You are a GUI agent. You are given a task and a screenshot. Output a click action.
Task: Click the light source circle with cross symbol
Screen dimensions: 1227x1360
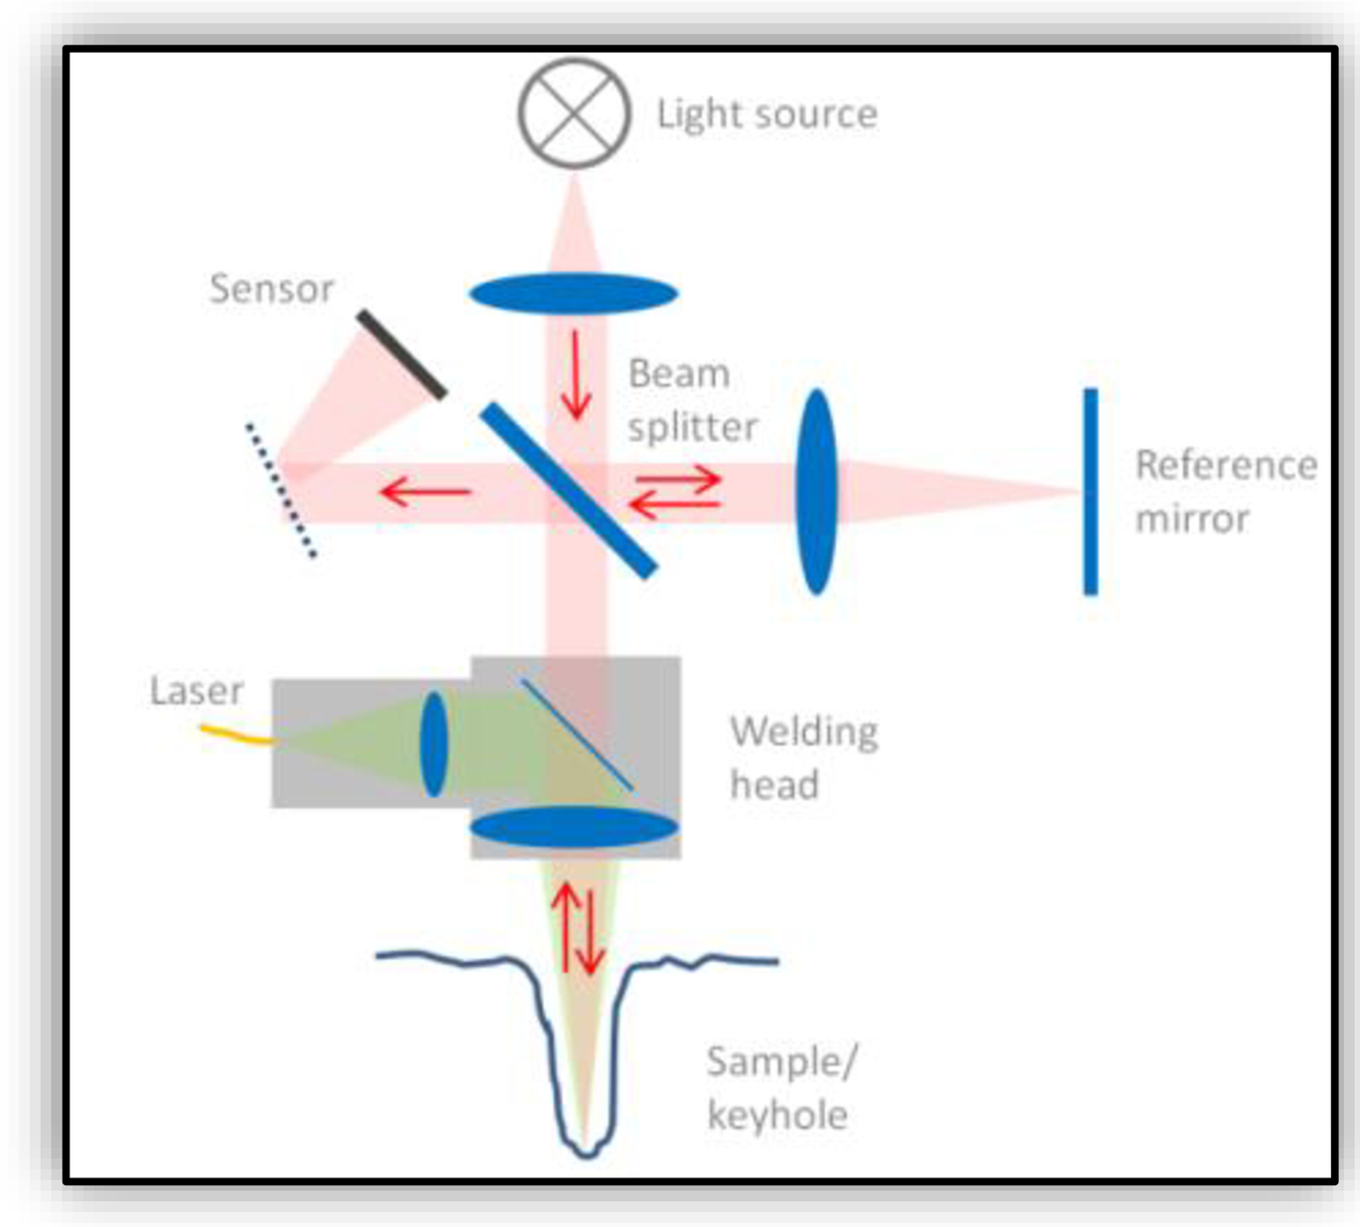click(574, 113)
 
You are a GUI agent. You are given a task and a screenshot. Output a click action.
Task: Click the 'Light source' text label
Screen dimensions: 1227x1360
click(766, 114)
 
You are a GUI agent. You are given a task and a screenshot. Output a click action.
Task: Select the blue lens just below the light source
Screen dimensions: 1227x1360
click(573, 294)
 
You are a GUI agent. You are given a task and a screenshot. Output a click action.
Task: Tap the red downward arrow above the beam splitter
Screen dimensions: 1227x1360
click(575, 376)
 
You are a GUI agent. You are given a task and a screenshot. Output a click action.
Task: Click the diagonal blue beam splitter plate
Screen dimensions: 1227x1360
click(569, 490)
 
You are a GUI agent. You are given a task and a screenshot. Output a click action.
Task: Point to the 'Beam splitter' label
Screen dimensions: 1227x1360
click(692, 400)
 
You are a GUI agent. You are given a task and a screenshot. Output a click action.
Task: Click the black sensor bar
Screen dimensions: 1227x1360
click(402, 354)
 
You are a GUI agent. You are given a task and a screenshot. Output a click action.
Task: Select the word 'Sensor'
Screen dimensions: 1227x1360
click(271, 289)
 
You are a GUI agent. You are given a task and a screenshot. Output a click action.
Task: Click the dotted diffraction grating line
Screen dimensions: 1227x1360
click(281, 490)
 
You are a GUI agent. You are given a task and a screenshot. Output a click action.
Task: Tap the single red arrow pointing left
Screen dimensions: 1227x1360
click(426, 490)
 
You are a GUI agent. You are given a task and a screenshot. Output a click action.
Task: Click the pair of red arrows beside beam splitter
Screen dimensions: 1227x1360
click(676, 493)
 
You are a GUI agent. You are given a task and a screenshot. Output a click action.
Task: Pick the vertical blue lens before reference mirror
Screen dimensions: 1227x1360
click(817, 491)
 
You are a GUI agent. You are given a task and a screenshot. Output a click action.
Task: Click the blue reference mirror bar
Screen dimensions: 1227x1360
click(1090, 491)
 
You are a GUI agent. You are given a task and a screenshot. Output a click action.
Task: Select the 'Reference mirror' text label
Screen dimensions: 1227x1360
click(1225, 491)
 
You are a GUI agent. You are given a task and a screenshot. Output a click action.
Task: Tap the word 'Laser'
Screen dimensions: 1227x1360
click(197, 691)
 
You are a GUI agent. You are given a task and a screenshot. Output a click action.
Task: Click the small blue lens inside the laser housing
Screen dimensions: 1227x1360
click(434, 744)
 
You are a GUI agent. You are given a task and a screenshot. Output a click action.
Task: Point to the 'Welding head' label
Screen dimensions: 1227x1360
click(802, 757)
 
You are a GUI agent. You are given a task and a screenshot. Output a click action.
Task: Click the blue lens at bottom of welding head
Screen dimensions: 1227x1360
click(574, 827)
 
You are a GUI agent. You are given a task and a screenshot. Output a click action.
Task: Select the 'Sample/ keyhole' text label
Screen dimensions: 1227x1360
click(779, 1088)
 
